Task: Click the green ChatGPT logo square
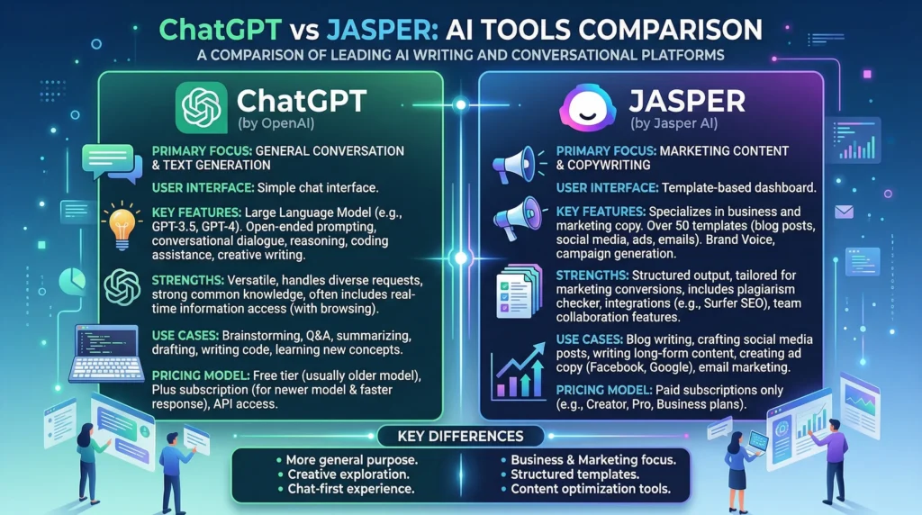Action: [x=201, y=107]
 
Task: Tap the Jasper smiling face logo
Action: [x=587, y=108]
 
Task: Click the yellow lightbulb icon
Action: [x=122, y=226]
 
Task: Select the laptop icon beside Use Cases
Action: [x=106, y=353]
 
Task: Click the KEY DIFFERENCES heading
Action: [x=460, y=437]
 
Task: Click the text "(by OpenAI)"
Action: [x=276, y=123]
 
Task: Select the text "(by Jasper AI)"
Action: [x=673, y=123]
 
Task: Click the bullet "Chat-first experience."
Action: [x=350, y=489]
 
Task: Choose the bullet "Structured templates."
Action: [x=574, y=474]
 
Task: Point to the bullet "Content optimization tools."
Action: [x=591, y=489]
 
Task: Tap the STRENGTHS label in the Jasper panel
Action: [x=592, y=276]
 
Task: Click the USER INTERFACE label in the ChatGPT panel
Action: [x=203, y=188]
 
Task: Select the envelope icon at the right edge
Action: [x=844, y=212]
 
